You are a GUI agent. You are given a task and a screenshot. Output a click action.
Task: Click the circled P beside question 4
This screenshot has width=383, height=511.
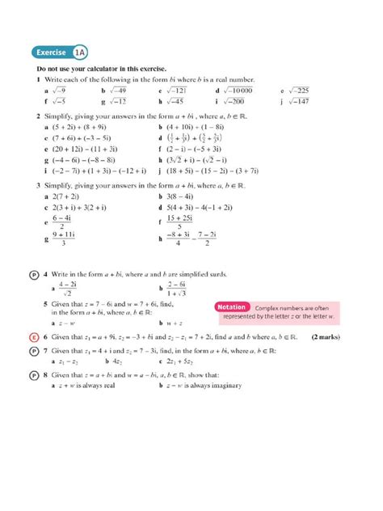click(33, 275)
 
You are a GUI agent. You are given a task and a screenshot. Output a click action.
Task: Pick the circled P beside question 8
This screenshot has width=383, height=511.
click(33, 376)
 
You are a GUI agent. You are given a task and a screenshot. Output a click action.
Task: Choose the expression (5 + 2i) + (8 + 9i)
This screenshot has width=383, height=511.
click(85, 127)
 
